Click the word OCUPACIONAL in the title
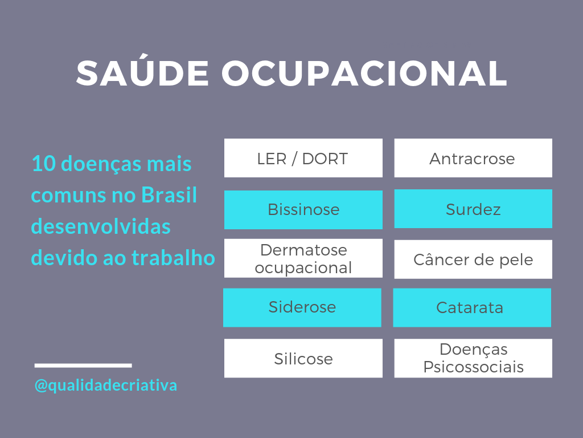pyautogui.click(x=365, y=73)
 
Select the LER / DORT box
pyautogui.click(x=303, y=158)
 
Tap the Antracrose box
pyautogui.click(x=473, y=158)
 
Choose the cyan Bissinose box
pyautogui.click(x=303, y=210)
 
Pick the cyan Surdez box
pyautogui.click(x=473, y=209)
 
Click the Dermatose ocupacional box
pyautogui.click(x=303, y=258)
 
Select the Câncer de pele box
pyautogui.click(x=473, y=259)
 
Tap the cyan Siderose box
pyautogui.click(x=302, y=307)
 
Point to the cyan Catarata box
pyautogui.click(x=472, y=307)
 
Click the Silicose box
pyautogui.click(x=303, y=358)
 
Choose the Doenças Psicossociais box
pyautogui.click(x=473, y=358)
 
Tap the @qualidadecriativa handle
pyautogui.click(x=105, y=386)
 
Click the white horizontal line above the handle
pyautogui.click(x=83, y=366)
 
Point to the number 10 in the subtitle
pyautogui.click(x=43, y=164)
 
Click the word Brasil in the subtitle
pyautogui.click(x=169, y=194)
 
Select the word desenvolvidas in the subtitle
pyautogui.click(x=101, y=226)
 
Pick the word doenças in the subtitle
pyautogui.click(x=100, y=164)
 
